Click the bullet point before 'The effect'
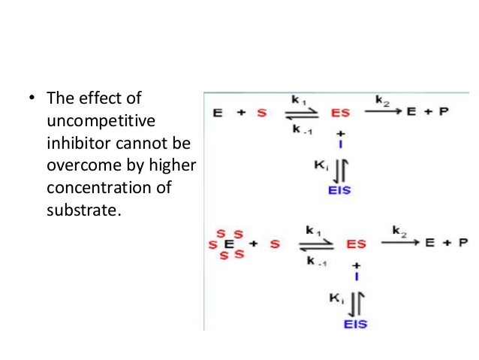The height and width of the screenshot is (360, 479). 31,98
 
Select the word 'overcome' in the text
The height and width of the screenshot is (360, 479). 76,165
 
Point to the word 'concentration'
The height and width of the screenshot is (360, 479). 89,187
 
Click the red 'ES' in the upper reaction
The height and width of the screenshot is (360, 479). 340,113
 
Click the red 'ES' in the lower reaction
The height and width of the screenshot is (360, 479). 356,244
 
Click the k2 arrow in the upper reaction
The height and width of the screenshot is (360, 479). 383,110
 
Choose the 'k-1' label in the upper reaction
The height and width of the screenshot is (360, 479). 300,130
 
